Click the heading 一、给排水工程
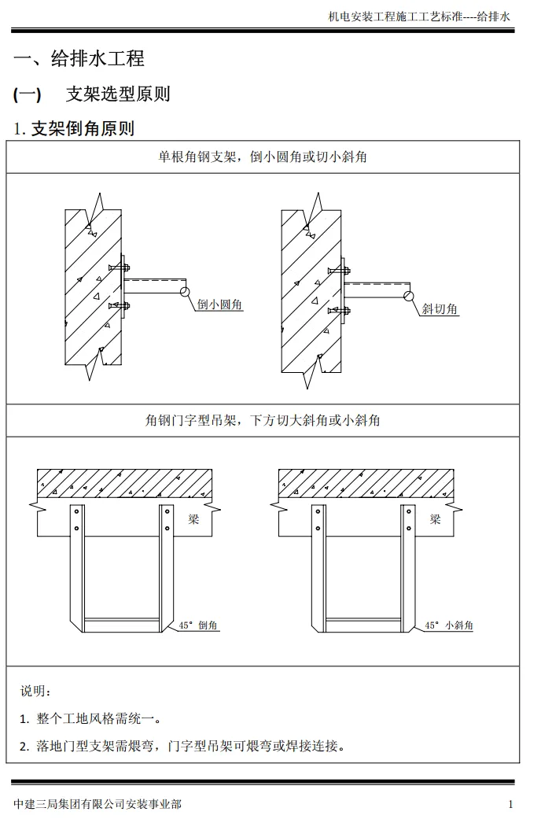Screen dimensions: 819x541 coord(79,58)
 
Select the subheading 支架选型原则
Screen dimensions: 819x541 coord(118,94)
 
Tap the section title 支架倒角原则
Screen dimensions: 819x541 coord(82,128)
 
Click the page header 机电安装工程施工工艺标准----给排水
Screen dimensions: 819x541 coord(420,16)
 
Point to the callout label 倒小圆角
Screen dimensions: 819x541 coord(219,305)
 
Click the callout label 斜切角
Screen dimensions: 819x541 coord(440,309)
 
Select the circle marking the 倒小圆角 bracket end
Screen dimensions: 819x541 coord(185,292)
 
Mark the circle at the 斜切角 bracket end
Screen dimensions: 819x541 coord(409,296)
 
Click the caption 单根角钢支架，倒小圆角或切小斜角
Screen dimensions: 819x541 coord(263,157)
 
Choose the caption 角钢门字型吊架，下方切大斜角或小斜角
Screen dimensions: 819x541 coord(263,421)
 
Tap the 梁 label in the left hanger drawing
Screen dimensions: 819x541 coord(193,519)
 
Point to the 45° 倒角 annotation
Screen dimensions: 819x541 coord(198,625)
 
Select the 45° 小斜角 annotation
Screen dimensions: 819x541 coord(448,625)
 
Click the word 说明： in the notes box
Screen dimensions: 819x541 coord(36,691)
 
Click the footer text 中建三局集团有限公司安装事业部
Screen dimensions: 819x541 coord(98,804)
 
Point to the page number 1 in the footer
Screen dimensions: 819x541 coord(510,804)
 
